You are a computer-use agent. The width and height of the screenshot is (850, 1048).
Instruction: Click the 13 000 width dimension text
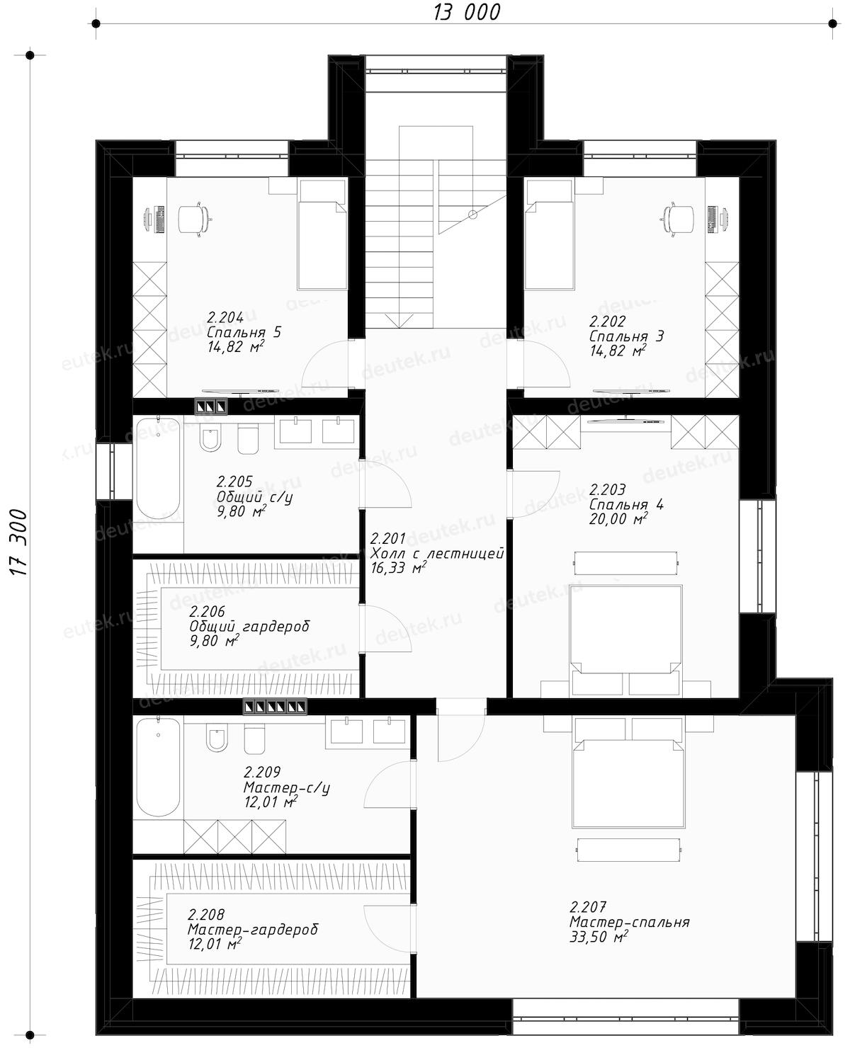click(x=466, y=12)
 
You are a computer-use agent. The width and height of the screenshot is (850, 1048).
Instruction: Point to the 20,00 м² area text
click(x=618, y=518)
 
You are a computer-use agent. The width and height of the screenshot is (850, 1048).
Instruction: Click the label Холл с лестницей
click(x=438, y=554)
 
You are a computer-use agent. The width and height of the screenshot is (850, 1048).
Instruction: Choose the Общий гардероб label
click(x=249, y=627)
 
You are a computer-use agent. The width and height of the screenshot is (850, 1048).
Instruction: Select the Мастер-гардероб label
click(x=253, y=930)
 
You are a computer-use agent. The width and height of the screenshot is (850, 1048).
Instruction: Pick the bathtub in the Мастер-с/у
click(x=158, y=767)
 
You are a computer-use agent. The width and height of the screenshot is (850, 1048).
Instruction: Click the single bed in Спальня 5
click(x=322, y=234)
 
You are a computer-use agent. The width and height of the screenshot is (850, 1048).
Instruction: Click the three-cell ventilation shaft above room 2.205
click(x=211, y=406)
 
